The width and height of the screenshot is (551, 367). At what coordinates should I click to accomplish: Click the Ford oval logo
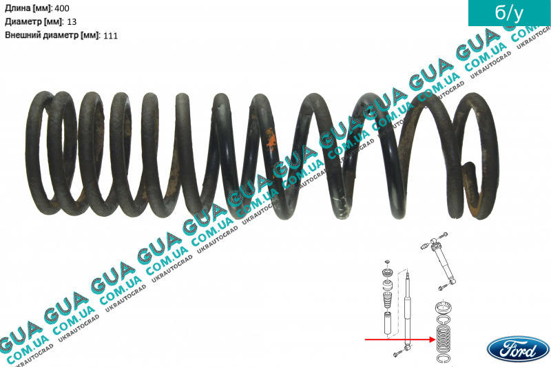click(518, 348)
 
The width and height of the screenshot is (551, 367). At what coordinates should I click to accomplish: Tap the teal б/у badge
click(510, 13)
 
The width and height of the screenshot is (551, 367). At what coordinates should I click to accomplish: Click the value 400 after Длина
click(62, 8)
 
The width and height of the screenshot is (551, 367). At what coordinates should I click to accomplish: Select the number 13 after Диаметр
click(72, 21)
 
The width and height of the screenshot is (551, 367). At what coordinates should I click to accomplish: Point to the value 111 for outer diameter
click(111, 36)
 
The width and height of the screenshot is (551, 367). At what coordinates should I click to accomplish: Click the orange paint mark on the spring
click(271, 138)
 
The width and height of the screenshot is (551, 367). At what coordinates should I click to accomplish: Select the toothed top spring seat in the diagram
click(444, 307)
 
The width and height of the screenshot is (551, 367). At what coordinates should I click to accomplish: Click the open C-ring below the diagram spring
click(444, 358)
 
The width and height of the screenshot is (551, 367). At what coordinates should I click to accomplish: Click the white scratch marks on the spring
click(341, 205)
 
